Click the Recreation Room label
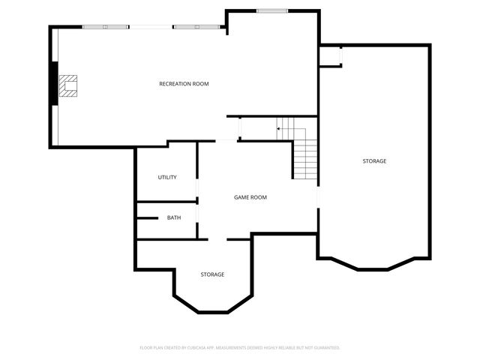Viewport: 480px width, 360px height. (184, 84)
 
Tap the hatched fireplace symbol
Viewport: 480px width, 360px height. (70, 85)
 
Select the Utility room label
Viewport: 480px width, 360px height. (166, 178)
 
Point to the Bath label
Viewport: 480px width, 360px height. (173, 218)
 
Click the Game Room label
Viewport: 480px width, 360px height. (250, 197)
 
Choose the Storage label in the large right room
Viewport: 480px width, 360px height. (374, 161)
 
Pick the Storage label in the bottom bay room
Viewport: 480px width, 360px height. (212, 274)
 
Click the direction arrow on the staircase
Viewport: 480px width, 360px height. (279, 129)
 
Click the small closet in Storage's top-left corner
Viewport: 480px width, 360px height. (330, 56)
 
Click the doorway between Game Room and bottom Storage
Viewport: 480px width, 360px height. (217, 240)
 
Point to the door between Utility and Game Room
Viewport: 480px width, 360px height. (196, 188)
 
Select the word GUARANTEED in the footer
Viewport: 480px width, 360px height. (324, 348)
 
